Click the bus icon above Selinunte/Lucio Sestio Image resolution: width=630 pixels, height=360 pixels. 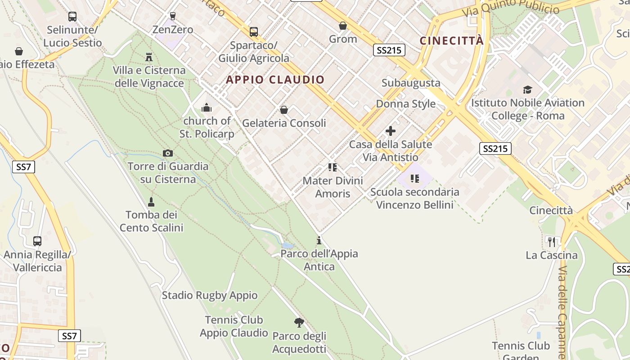click(x=72, y=17)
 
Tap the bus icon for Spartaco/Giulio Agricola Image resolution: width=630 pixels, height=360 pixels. click(x=254, y=32)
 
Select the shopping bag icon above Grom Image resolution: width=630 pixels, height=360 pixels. click(x=343, y=26)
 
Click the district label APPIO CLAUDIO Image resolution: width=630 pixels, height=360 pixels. click(x=275, y=80)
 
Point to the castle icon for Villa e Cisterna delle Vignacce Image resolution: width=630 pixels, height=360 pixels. click(x=149, y=57)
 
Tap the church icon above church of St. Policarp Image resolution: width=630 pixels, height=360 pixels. click(x=207, y=108)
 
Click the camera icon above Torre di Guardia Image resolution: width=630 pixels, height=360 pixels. click(x=168, y=153)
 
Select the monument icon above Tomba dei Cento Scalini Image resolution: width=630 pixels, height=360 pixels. click(x=151, y=202)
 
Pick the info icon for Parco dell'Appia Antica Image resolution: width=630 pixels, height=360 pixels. click(x=319, y=240)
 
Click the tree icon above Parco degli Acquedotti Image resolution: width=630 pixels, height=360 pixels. click(x=299, y=323)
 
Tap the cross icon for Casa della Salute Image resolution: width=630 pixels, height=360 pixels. click(x=391, y=131)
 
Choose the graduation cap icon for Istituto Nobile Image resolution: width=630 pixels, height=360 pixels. click(x=527, y=90)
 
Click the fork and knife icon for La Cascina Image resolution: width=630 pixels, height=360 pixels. click(x=552, y=242)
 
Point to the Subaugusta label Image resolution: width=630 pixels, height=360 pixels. click(x=411, y=83)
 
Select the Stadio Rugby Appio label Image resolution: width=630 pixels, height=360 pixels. click(x=210, y=295)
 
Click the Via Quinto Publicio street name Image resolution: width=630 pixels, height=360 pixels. click(x=511, y=8)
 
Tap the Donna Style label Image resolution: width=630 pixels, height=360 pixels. click(x=406, y=103)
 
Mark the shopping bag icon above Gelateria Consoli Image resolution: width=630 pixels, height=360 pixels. click(x=284, y=110)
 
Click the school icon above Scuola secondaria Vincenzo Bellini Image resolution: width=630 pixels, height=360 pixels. click(x=415, y=179)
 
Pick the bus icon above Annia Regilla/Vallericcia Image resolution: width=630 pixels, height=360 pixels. click(x=37, y=241)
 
